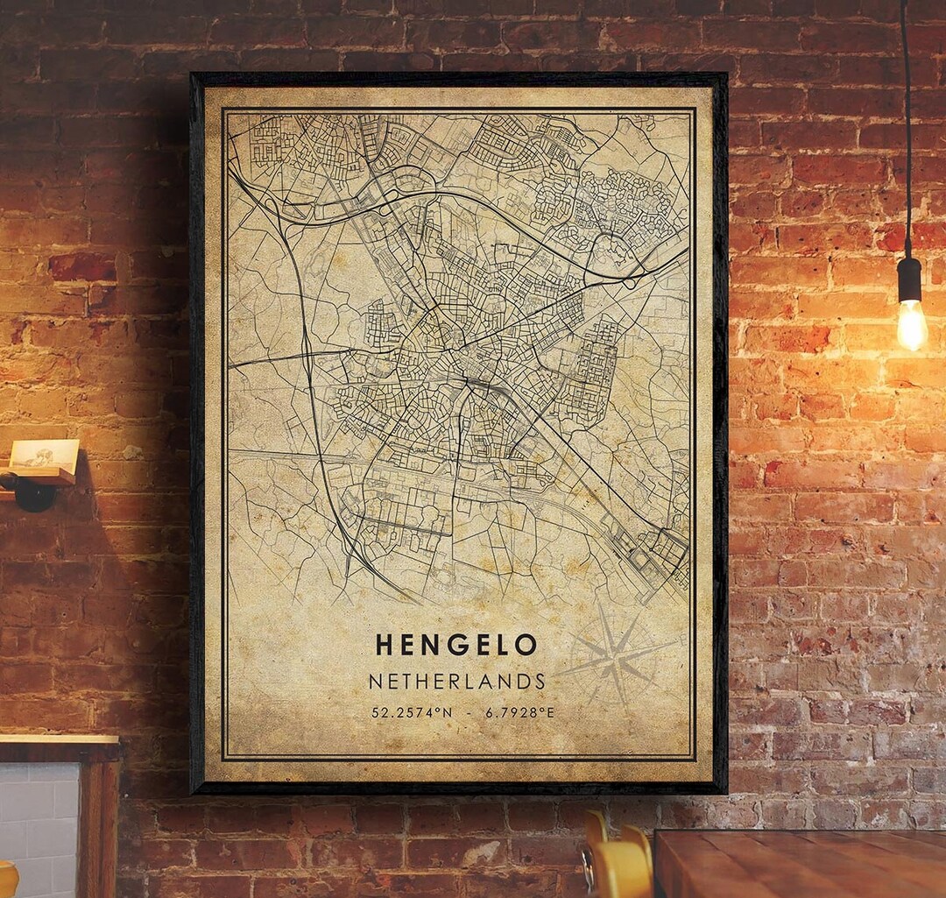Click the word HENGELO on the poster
455,646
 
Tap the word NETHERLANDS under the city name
456,682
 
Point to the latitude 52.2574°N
412,712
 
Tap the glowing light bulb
911,324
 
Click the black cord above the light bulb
906,131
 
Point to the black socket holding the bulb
909,279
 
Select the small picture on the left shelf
44,455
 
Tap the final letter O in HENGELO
526,646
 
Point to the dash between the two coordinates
471,712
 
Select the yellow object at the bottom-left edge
7,880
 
